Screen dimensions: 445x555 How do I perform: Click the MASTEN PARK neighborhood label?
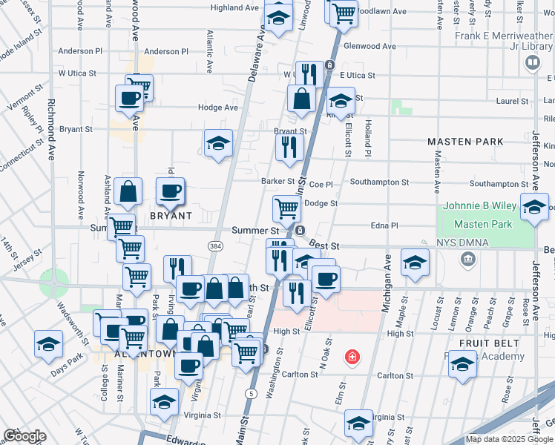465,141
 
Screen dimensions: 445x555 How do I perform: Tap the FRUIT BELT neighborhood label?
487,343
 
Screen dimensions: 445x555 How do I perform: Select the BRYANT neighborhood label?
171,216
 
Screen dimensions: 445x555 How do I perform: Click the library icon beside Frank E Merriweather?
531,63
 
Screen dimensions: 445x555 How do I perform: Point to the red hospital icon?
352,358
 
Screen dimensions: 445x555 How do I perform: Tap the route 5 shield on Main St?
252,393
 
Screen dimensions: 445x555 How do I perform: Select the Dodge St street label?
321,203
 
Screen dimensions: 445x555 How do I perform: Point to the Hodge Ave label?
217,108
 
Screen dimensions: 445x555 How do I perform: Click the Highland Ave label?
234,7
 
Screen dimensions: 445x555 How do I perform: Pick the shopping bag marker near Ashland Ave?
128,192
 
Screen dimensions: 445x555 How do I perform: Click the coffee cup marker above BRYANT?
170,191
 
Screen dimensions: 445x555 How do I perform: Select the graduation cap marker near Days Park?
48,344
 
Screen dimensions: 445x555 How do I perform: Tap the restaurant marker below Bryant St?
289,146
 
